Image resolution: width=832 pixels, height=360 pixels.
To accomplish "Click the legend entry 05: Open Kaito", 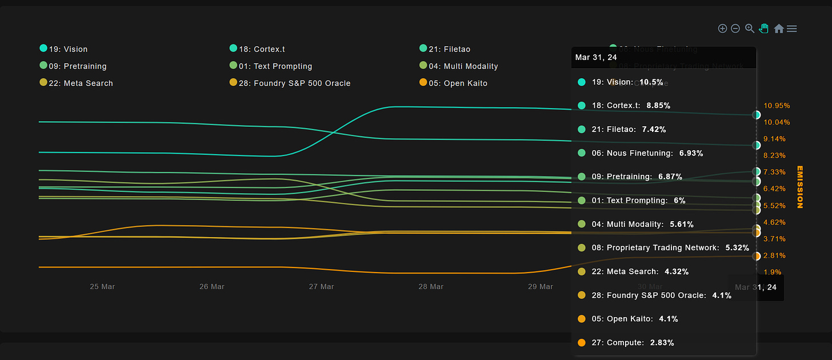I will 458,83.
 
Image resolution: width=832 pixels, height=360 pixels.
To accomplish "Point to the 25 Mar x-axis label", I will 102,286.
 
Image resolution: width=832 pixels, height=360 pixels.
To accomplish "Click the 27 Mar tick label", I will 321,286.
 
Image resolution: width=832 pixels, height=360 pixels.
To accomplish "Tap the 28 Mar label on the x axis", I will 431,286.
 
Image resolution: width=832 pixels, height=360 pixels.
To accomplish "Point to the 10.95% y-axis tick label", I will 776,106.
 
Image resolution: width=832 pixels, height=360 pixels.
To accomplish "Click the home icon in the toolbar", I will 778,29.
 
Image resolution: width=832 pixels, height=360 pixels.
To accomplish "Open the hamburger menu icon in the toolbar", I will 791,29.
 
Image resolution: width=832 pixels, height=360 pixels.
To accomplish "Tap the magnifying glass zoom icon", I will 750,29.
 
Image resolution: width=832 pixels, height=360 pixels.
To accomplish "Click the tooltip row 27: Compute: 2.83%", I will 633,343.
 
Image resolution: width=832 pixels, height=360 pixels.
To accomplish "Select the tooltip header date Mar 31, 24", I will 596,57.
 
